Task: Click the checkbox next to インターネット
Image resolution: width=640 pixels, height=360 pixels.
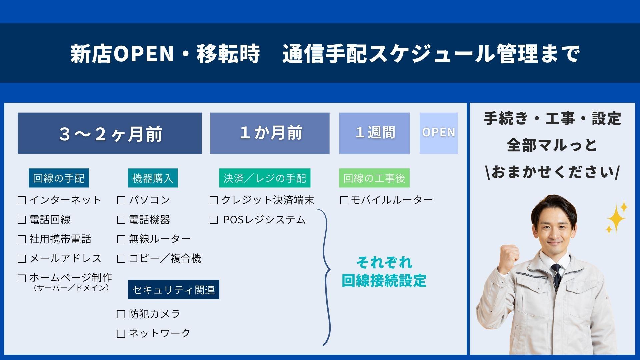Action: tap(22, 200)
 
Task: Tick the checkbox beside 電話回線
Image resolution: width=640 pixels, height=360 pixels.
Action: tap(22, 220)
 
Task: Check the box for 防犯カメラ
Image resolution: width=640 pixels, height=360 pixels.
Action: tap(121, 314)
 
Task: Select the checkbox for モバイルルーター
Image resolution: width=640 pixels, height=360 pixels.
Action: tap(344, 200)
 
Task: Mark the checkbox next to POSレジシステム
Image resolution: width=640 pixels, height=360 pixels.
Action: tap(214, 220)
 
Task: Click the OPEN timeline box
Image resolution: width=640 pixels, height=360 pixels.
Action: tap(439, 133)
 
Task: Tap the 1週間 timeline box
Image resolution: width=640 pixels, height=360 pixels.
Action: tap(374, 133)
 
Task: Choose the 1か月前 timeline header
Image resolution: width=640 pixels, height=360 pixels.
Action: tap(270, 133)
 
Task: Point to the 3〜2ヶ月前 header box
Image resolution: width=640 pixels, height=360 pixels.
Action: tap(110, 133)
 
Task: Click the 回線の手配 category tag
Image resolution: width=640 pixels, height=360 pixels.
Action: tap(59, 178)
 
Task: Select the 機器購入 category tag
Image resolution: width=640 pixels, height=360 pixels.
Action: tap(153, 178)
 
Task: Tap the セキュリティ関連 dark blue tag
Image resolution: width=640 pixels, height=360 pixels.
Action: tap(174, 290)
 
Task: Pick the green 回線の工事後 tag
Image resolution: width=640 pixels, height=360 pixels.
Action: tap(374, 178)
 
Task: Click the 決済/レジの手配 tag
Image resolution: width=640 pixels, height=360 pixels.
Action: tap(265, 178)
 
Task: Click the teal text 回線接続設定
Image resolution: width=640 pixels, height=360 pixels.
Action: tap(384, 281)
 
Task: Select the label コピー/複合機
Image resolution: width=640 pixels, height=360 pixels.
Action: tap(165, 258)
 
